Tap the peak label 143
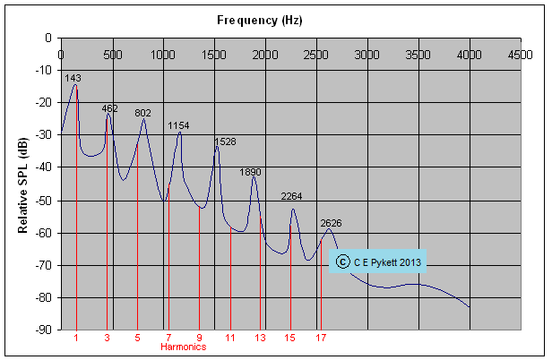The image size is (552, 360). (x=73, y=79)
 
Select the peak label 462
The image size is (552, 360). (x=109, y=108)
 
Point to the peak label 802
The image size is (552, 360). (x=142, y=114)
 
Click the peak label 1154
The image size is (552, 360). (x=178, y=126)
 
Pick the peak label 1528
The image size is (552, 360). (x=225, y=142)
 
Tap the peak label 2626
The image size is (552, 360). (x=331, y=223)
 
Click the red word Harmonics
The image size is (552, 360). (x=184, y=347)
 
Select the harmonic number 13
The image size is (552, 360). (x=260, y=338)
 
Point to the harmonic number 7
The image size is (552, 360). (x=168, y=338)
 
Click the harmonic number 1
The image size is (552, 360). (x=76, y=338)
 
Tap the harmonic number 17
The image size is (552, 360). (x=321, y=338)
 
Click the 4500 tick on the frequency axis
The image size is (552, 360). (x=521, y=55)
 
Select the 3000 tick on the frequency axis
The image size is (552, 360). (x=367, y=55)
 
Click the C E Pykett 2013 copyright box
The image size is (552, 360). (x=378, y=261)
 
